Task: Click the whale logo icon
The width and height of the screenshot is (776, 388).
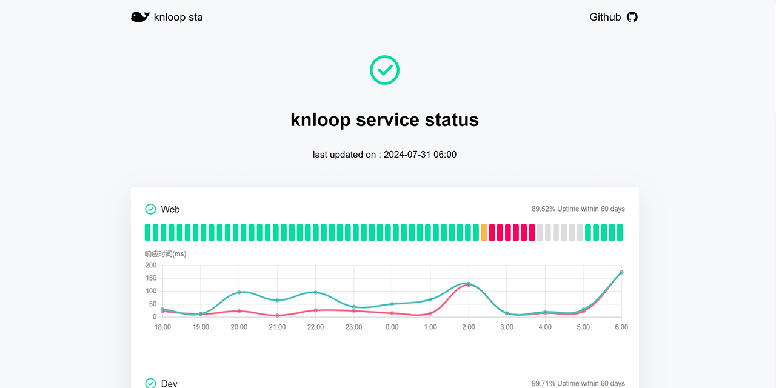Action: pos(140,17)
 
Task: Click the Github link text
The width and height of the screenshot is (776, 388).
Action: pos(605,17)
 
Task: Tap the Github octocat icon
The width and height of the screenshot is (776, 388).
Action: pos(632,17)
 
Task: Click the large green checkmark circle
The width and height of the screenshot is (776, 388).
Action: pos(385,70)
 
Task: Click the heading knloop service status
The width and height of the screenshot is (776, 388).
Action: pos(385,119)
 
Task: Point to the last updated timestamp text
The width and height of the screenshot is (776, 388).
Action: pos(385,155)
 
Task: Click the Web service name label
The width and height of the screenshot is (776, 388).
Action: pos(170,209)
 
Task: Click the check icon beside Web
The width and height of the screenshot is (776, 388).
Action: pos(150,209)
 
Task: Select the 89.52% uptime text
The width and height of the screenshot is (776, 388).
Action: pos(578,209)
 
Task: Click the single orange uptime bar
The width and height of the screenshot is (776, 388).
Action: pos(484,232)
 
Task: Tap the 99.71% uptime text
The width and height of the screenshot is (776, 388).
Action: pos(578,383)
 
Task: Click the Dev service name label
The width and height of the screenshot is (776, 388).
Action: pos(169,383)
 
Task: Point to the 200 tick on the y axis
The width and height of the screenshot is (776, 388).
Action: pos(151,266)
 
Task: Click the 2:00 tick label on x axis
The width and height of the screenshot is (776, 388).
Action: pos(469,327)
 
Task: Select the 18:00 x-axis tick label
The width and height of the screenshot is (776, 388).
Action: pos(162,327)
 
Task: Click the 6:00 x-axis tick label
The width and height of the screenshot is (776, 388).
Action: pos(621,327)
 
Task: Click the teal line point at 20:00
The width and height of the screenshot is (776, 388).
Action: pos(239,292)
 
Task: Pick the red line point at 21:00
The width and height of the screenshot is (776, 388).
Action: pos(277,315)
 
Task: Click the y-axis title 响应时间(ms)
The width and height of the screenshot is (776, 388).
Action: pos(166,254)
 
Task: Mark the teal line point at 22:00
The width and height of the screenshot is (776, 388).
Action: pos(315,292)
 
